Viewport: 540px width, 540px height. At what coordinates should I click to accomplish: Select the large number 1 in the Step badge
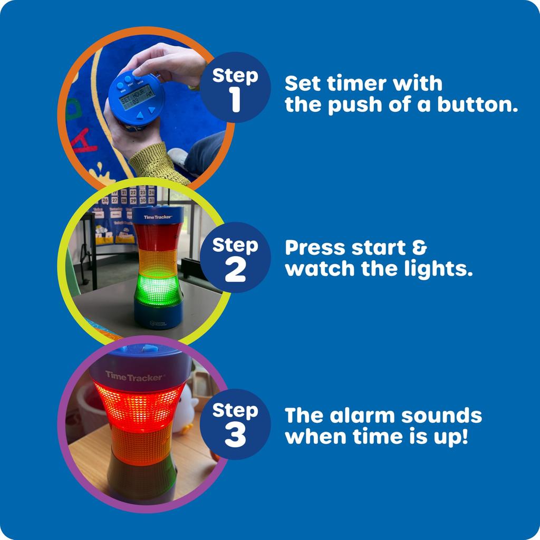(235, 100)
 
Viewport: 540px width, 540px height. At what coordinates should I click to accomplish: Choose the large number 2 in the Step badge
(235, 271)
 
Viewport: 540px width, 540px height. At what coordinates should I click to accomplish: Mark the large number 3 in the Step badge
(235, 435)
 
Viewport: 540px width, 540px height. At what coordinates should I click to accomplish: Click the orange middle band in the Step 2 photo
(157, 261)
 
